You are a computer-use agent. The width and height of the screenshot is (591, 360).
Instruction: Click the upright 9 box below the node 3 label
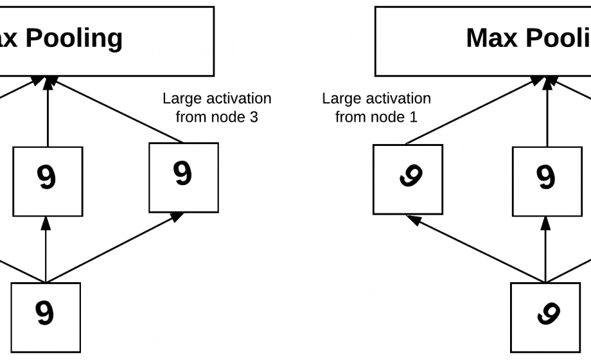point(184,177)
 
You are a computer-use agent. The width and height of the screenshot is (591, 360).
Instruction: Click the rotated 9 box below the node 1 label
point(408,179)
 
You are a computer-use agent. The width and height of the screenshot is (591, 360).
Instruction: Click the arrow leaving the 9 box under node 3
point(116,109)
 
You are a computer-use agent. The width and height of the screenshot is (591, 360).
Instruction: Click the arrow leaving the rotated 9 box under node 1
point(475,109)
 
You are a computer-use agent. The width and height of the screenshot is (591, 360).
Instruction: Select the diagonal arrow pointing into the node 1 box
point(477,249)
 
